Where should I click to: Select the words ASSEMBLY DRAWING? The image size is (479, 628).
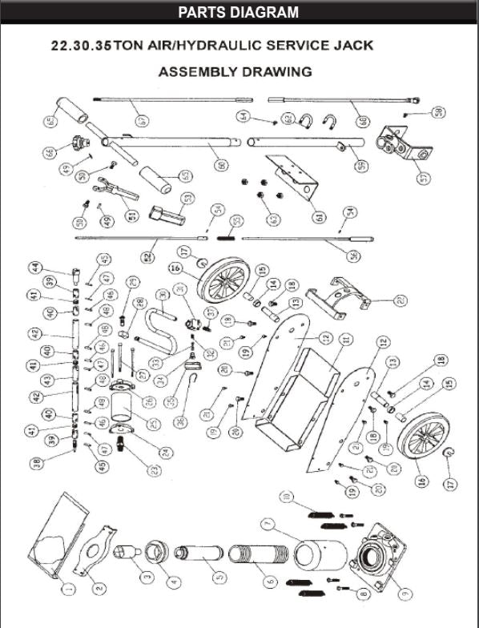pyautogui.click(x=235, y=72)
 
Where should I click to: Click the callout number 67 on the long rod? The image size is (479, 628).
pyautogui.click(x=142, y=120)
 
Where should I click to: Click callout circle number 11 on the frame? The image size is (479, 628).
pyautogui.click(x=346, y=340)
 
